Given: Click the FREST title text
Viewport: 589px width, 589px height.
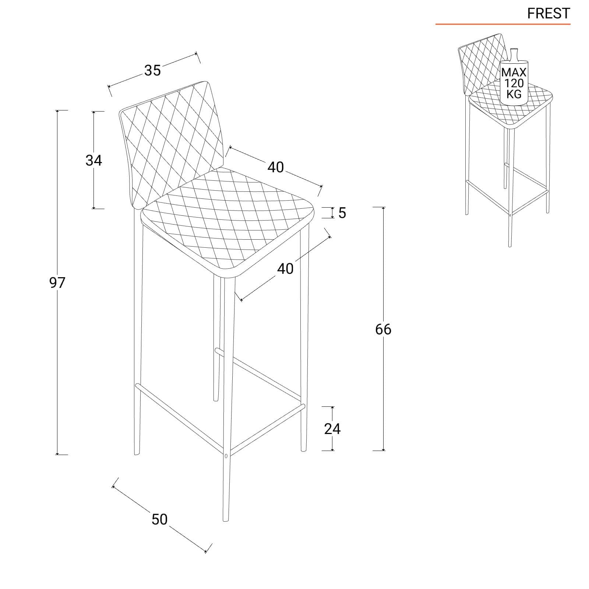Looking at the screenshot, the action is (x=548, y=14).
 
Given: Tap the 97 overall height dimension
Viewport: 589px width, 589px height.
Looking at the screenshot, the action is (x=57, y=283).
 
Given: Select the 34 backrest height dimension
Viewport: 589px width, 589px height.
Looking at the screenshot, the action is (x=94, y=160).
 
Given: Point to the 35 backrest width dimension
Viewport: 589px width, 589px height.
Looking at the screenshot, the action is (x=152, y=70).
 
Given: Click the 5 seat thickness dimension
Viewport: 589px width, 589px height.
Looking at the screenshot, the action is (x=342, y=213).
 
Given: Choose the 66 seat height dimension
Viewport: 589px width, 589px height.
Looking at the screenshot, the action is (x=383, y=329).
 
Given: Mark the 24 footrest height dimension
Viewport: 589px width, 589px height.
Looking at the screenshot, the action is (x=332, y=428).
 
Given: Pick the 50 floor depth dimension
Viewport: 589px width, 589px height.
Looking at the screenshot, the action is (x=159, y=519).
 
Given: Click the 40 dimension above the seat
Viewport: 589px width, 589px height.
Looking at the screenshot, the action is (x=276, y=167).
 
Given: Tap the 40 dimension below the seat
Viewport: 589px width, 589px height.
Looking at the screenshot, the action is (x=285, y=269).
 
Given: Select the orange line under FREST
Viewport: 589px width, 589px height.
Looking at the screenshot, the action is (x=503, y=24).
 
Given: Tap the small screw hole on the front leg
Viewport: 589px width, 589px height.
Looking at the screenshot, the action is (x=226, y=456).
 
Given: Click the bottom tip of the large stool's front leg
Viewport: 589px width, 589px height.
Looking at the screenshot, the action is (x=226, y=521).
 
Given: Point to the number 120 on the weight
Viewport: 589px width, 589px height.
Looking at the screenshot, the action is (x=514, y=83).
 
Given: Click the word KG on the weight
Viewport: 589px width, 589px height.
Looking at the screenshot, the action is (x=514, y=94).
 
